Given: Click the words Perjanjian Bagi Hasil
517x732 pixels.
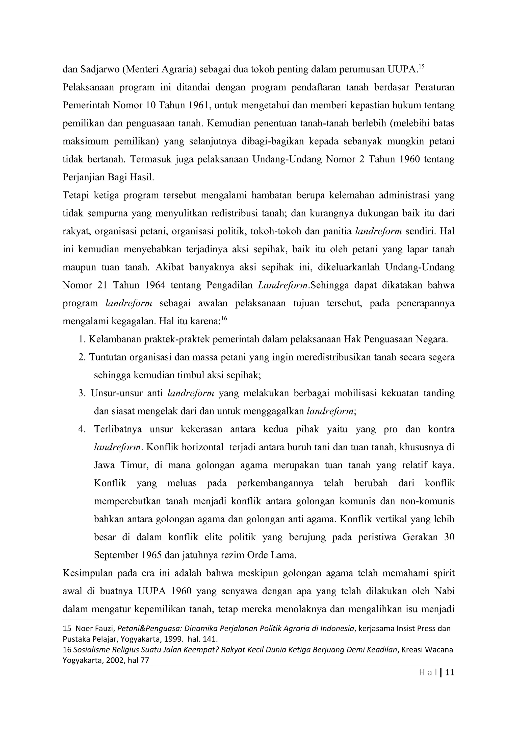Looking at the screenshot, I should click(108, 177).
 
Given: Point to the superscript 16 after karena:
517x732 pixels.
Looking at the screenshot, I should click(224, 318).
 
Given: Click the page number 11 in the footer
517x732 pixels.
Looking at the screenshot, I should click(449, 673).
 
